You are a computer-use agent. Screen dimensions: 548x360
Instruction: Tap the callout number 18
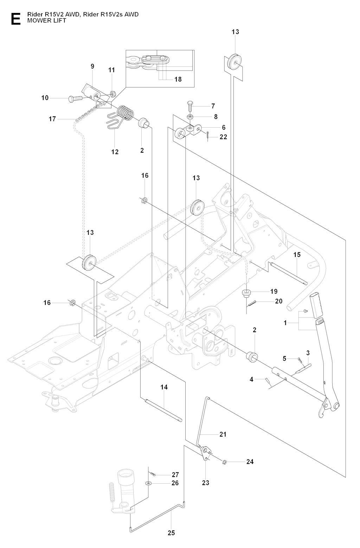(x=178, y=79)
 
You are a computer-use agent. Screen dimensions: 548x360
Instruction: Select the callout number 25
(x=171, y=533)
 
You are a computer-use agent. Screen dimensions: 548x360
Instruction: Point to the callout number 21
(x=223, y=434)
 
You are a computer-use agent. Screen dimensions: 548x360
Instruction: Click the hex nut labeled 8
(x=189, y=116)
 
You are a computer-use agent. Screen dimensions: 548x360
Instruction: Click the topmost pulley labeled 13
(x=235, y=63)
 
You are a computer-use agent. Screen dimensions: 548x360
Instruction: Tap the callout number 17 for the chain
(x=52, y=119)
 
